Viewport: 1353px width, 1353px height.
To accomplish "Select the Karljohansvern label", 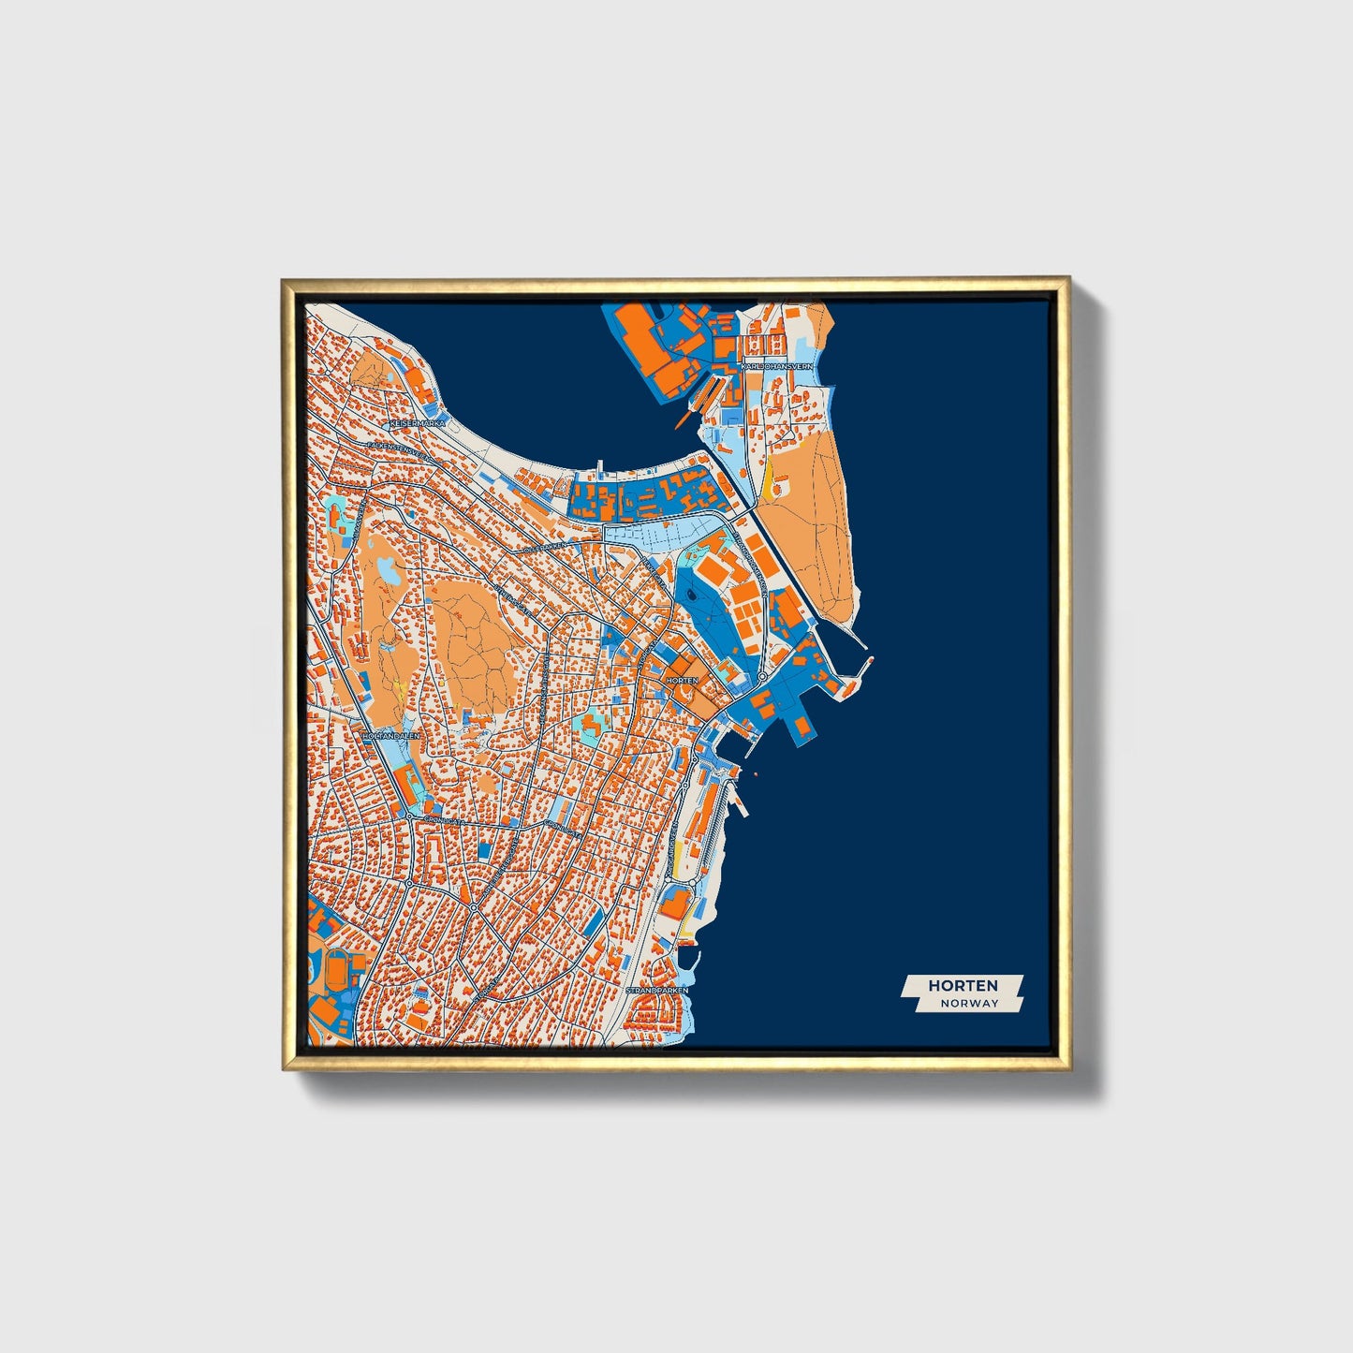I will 776,367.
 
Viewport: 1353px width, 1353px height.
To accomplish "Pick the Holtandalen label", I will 391,736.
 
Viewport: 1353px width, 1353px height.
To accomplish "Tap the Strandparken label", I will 657,990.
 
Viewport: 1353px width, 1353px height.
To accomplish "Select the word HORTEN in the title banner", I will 963,985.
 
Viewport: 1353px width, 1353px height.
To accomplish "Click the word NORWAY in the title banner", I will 970,1003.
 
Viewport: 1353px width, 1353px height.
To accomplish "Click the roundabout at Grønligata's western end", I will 409,816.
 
